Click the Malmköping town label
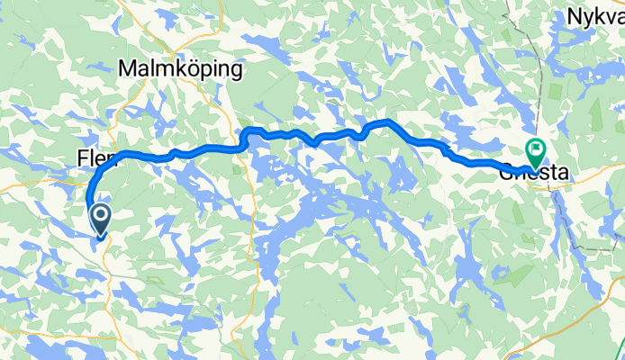tap(181, 68)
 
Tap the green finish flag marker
tap(537, 151)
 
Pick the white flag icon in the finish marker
tap(538, 148)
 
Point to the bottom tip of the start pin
tap(100, 238)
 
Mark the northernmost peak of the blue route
tap(387, 121)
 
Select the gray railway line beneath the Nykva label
tap(545, 72)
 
